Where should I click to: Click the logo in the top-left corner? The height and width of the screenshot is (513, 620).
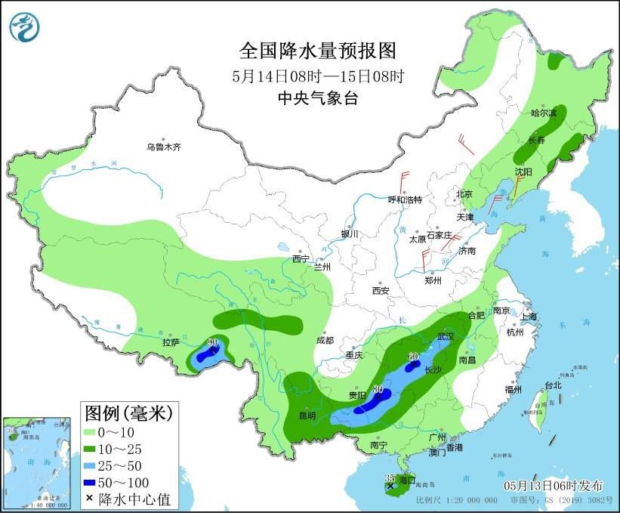25,26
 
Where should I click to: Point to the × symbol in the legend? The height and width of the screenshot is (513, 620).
90,499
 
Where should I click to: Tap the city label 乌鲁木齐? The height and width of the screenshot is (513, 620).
164,147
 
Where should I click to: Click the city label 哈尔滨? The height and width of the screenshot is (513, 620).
543,113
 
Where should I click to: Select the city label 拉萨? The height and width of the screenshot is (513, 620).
171,343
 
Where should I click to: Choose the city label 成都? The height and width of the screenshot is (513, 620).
325,340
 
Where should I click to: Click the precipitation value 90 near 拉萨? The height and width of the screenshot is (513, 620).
212,343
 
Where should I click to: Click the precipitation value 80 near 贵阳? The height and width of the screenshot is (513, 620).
378,390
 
